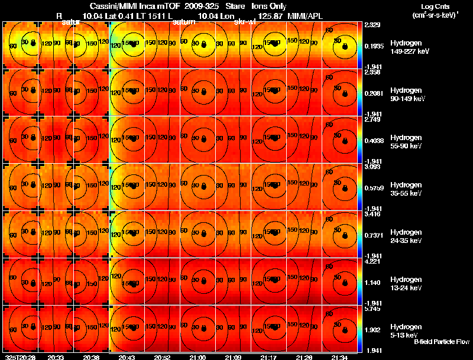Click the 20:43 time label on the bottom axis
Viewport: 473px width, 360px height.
pyautogui.click(x=127, y=357)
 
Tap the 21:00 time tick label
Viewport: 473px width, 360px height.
pyautogui.click(x=198, y=357)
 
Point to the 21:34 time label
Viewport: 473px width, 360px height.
pyautogui.click(x=340, y=357)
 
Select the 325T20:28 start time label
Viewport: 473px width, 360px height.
pyautogui.click(x=19, y=357)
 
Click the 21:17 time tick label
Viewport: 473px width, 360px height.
pyautogui.click(x=268, y=357)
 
